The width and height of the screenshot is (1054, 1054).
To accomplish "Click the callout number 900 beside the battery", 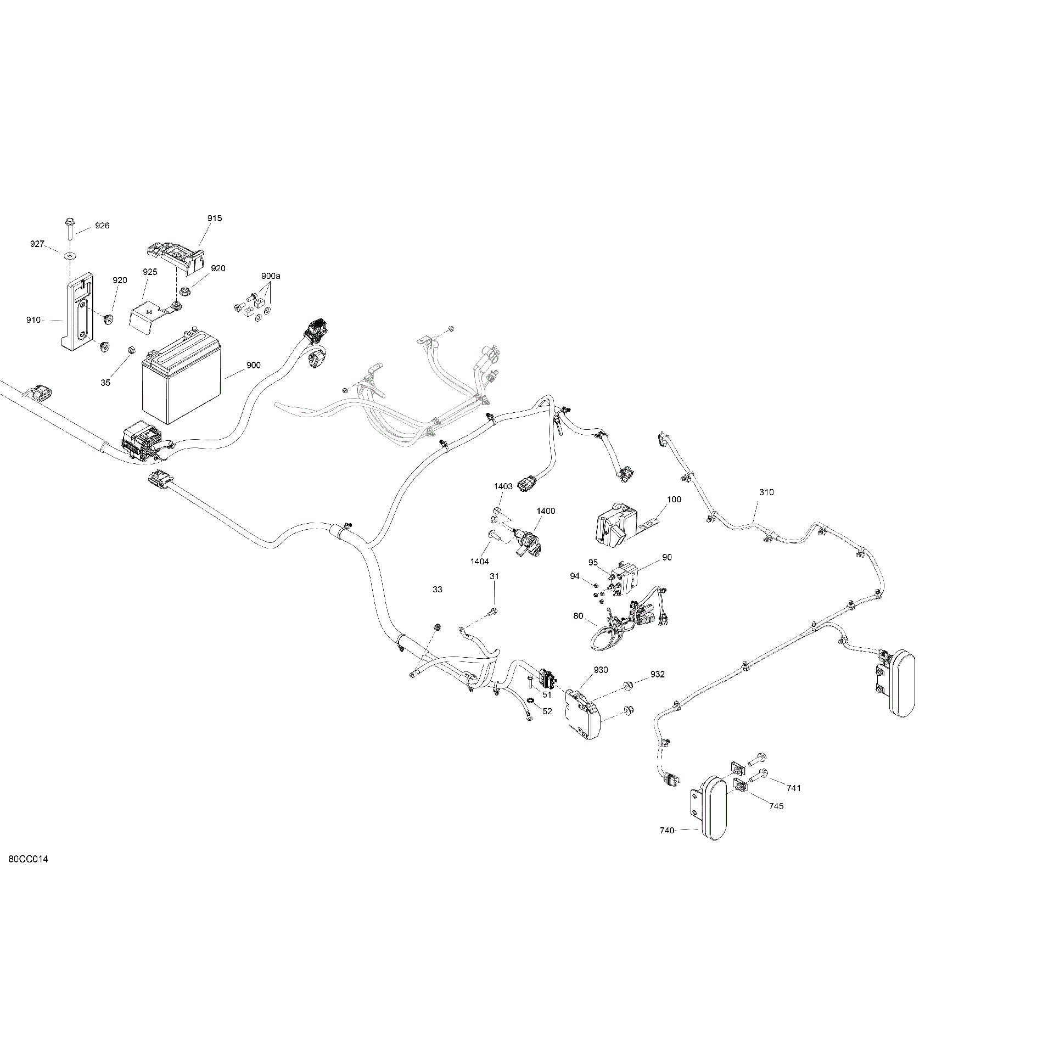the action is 253,365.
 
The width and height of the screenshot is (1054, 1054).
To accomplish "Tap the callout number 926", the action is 102,226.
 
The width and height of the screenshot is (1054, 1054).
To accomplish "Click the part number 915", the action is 215,218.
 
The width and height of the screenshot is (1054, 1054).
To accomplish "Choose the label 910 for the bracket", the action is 33,320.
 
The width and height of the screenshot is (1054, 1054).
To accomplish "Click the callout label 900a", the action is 271,276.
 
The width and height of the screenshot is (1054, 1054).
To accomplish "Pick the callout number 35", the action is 105,383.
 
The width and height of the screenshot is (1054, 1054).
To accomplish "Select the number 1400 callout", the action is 546,511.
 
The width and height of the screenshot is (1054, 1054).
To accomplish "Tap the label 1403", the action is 503,486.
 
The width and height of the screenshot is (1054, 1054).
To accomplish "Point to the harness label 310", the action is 766,492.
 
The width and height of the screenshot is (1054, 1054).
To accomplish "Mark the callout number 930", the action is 601,670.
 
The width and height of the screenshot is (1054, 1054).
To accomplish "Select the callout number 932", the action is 658,675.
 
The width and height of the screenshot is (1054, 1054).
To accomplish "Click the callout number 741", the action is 794,788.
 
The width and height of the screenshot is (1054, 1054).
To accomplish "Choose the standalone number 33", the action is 438,590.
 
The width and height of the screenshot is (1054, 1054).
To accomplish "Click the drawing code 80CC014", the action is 29,874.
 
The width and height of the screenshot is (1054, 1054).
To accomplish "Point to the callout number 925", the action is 150,272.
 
